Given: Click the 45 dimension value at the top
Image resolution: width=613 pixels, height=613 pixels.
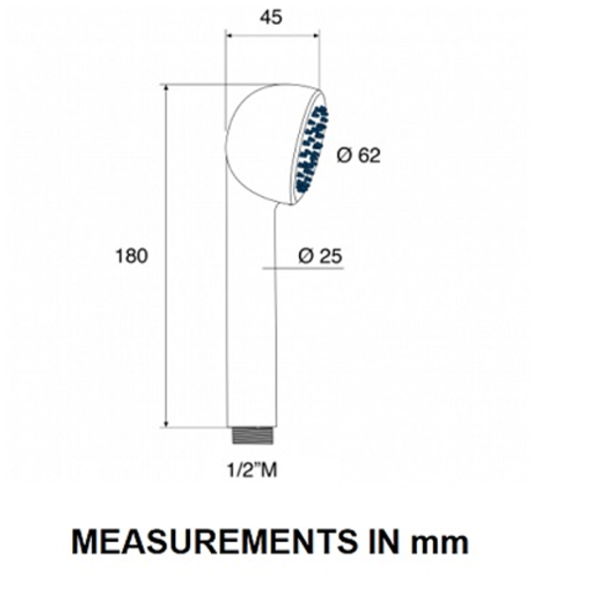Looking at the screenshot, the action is point(270,17).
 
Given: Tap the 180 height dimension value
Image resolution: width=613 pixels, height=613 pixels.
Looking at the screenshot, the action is point(132,256).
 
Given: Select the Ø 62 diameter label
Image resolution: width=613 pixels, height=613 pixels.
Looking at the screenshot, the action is point(358,155).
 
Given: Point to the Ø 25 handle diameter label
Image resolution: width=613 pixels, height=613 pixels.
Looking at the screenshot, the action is point(320,256).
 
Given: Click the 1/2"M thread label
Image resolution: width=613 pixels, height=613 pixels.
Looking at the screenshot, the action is point(253,469).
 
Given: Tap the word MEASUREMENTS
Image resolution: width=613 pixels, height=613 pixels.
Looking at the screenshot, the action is point(214,542).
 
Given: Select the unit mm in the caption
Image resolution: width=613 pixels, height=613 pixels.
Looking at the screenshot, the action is point(440,545).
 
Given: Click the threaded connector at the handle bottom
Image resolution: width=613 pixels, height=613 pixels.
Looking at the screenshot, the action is point(253,436).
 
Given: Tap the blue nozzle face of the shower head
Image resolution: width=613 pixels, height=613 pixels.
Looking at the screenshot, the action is point(312,149).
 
